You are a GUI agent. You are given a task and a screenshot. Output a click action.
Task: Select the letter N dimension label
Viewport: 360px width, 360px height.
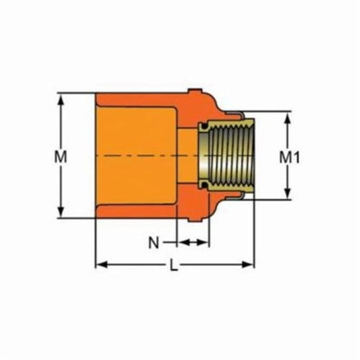[x=153, y=243]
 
